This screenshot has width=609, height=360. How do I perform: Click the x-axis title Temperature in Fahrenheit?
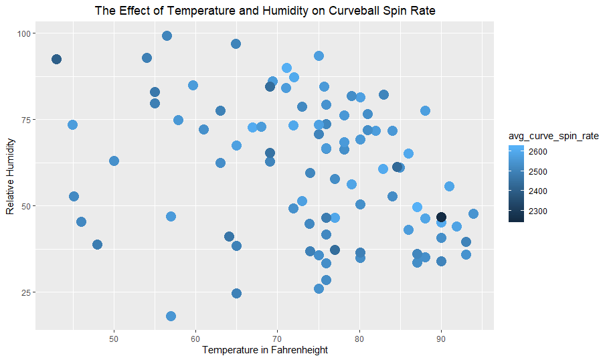pyautogui.click(x=265, y=350)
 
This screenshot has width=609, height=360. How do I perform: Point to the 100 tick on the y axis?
pyautogui.click(x=21, y=33)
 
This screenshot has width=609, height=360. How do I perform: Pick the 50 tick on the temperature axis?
pyautogui.click(x=114, y=337)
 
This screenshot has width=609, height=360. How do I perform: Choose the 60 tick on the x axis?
pyautogui.click(x=195, y=337)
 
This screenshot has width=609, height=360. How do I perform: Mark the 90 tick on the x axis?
pyautogui.click(x=441, y=337)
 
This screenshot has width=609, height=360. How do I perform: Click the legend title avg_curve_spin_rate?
pyautogui.click(x=553, y=137)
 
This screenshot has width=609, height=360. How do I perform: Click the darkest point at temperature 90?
pyautogui.click(x=441, y=217)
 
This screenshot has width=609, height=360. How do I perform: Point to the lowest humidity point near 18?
pyautogui.click(x=171, y=316)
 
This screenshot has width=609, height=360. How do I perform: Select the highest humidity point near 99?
pyautogui.click(x=167, y=35)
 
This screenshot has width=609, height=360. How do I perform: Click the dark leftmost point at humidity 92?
pyautogui.click(x=56, y=60)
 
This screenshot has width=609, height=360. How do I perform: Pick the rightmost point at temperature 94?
pyautogui.click(x=473, y=214)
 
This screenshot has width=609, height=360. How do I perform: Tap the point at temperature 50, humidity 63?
pyautogui.click(x=114, y=161)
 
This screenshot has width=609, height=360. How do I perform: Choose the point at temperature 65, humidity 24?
pyautogui.click(x=236, y=293)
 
